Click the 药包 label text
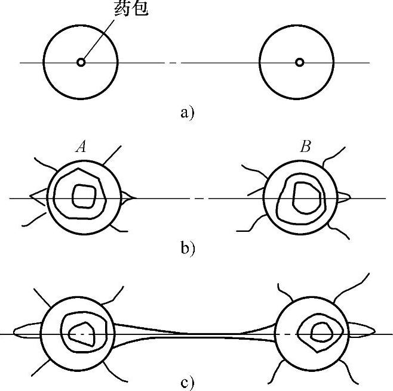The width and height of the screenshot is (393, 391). [130, 9]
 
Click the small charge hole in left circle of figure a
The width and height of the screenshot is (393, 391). [81, 61]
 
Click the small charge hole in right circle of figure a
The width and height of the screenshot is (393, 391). [299, 61]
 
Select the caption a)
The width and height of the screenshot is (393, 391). [187, 112]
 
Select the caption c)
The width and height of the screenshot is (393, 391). [188, 381]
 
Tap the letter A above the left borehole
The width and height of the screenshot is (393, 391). [81, 147]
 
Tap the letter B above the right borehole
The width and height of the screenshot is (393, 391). [305, 147]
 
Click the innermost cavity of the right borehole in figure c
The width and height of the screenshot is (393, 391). [323, 331]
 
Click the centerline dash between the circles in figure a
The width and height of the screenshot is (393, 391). [173, 62]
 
